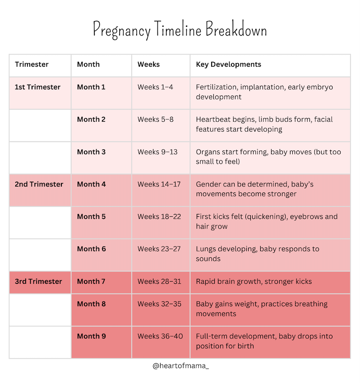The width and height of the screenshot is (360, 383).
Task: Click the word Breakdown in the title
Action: (236, 29)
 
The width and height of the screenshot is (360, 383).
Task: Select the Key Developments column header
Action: (228, 64)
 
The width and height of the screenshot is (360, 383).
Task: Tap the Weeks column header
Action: (148, 64)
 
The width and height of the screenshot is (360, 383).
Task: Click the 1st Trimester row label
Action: (37, 87)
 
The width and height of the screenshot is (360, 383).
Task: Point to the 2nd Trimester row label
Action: (39, 184)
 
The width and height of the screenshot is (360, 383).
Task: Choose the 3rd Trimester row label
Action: (38, 281)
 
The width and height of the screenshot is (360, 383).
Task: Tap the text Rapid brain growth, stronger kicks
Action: (254, 282)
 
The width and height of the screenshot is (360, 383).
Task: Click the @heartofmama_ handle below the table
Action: (181, 366)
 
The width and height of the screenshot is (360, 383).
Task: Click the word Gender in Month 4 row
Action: (208, 184)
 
